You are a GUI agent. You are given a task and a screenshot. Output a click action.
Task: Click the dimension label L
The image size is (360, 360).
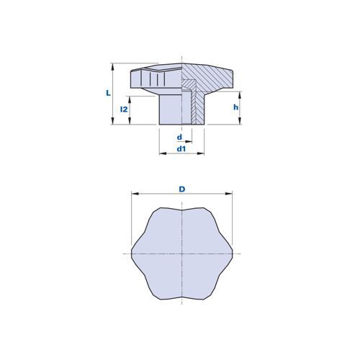click(x=109, y=93)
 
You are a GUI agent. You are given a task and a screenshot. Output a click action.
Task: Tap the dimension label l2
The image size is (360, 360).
click(x=124, y=109)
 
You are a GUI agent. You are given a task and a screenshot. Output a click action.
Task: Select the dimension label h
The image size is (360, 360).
click(x=235, y=107)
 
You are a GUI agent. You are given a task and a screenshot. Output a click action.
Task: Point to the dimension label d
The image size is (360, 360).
click(x=179, y=138)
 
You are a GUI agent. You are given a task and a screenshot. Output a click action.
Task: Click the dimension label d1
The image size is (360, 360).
click(x=181, y=149)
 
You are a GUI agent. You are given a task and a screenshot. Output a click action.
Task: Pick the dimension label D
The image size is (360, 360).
click(x=182, y=189)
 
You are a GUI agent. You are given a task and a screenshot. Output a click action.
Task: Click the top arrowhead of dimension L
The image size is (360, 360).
click(x=112, y=66)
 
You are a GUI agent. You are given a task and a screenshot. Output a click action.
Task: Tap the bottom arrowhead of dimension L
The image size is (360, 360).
click(x=112, y=121)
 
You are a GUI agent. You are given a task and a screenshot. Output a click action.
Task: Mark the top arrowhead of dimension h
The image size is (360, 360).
click(x=240, y=94)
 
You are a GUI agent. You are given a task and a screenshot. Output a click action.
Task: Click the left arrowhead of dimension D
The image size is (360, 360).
click(x=135, y=194)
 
